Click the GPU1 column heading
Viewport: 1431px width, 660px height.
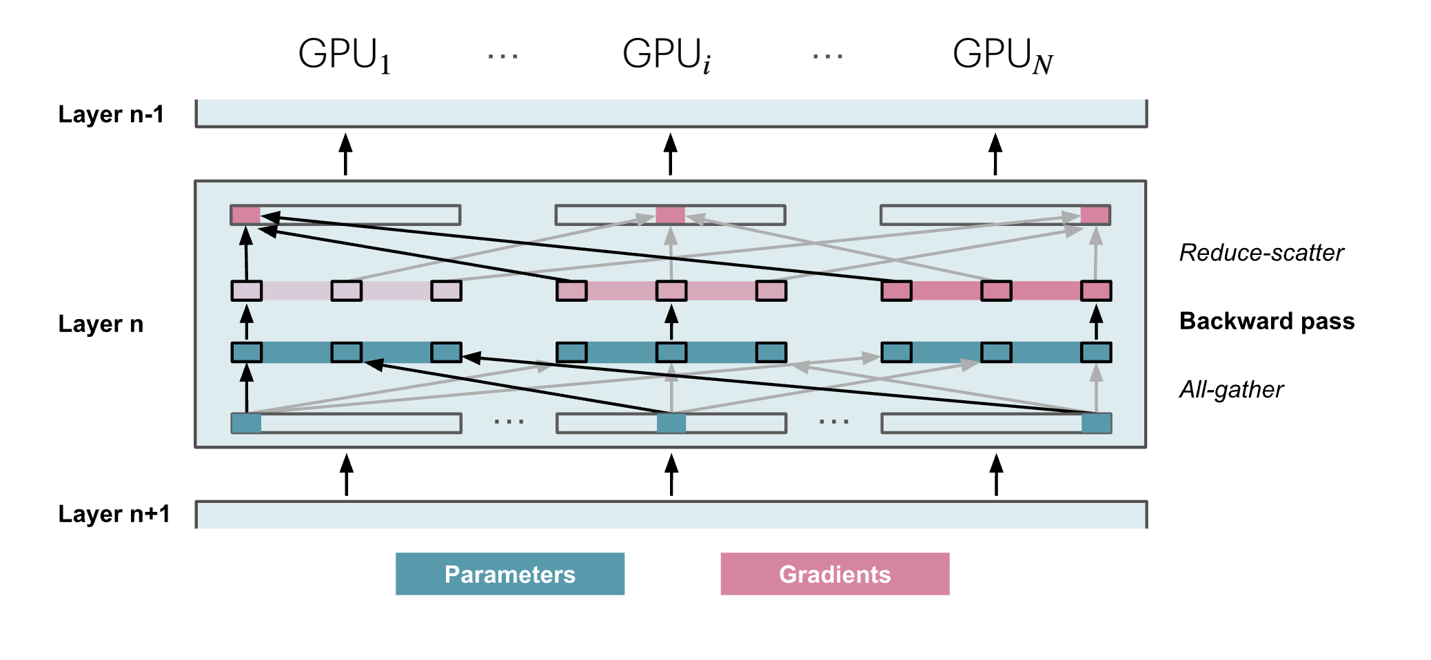coord(344,54)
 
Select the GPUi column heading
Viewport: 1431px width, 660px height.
coord(666,54)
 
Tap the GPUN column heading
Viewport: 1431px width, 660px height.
coord(1002,54)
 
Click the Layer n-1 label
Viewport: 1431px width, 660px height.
coord(111,114)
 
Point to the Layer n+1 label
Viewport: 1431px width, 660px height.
coord(114,514)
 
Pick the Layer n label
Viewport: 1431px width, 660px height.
coord(101,324)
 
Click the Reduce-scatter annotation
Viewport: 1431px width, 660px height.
coord(1261,253)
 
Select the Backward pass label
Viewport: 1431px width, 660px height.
coord(1267,321)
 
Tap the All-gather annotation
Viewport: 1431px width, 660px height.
coord(1231,390)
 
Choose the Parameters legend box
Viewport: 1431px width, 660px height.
coord(509,574)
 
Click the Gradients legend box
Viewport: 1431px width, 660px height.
coord(835,574)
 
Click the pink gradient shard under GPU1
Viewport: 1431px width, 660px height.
coord(246,215)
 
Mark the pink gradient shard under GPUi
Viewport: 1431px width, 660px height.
coord(670,215)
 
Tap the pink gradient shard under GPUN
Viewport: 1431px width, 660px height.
coord(1095,215)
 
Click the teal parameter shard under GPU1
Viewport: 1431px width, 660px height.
coord(246,423)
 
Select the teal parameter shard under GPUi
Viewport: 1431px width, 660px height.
coord(671,423)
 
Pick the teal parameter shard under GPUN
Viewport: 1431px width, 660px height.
coord(1096,423)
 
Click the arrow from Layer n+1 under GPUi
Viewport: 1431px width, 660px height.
coord(671,475)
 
